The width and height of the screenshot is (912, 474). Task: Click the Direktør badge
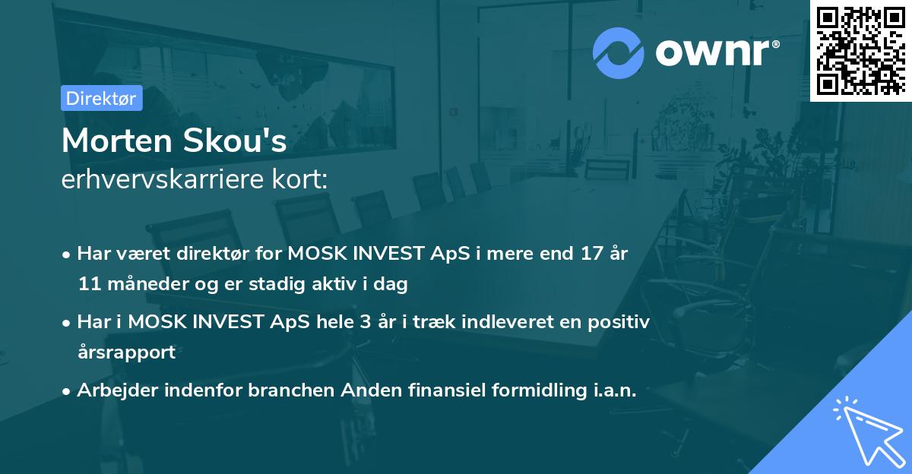102,98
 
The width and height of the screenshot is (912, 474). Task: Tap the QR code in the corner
860,50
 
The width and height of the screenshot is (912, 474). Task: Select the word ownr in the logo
715,52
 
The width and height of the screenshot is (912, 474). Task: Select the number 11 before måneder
88,285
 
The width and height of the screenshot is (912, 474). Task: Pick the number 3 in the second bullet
360,322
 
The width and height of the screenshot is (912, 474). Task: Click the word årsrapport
126,352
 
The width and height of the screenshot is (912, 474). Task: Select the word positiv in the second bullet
620,322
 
